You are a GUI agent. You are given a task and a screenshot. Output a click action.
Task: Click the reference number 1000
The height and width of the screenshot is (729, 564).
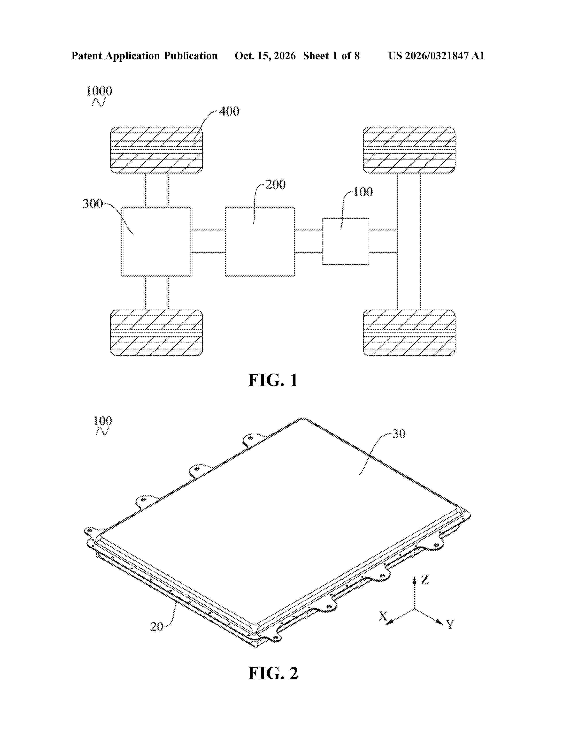[99, 91]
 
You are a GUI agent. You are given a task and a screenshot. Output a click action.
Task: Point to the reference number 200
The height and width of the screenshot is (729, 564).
[276, 185]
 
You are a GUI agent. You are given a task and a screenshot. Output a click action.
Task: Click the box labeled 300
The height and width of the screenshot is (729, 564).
[156, 241]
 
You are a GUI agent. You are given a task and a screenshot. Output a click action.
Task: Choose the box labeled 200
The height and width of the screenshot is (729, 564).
[260, 241]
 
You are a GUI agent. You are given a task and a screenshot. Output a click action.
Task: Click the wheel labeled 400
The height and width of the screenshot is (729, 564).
[156, 150]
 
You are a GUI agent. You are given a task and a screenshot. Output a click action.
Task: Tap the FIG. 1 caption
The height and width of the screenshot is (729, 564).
[273, 380]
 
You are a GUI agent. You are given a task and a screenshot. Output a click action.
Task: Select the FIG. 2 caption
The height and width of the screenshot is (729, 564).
[273, 673]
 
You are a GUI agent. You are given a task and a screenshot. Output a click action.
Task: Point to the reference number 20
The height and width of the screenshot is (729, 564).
[157, 626]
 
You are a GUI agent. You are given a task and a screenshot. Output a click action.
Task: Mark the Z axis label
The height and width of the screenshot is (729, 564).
[424, 580]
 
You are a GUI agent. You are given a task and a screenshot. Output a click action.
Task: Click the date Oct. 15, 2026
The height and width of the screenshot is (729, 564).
[265, 56]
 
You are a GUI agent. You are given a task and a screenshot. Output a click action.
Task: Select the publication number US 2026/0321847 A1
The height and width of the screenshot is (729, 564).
[436, 56]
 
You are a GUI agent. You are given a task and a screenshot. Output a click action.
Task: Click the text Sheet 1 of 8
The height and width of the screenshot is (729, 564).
[332, 56]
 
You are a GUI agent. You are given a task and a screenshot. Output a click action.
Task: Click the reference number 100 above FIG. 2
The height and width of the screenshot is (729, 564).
[103, 421]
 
